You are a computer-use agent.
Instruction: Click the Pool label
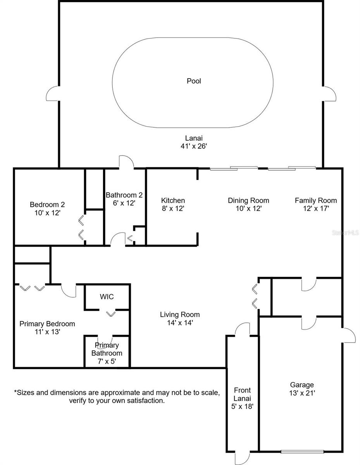pyautogui.click(x=194, y=81)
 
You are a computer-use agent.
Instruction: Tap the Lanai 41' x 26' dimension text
pyautogui.click(x=194, y=146)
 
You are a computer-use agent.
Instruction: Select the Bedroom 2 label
pyautogui.click(x=47, y=205)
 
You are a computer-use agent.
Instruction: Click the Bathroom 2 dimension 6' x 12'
pyautogui.click(x=124, y=203)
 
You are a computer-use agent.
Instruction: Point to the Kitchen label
pyautogui.click(x=173, y=200)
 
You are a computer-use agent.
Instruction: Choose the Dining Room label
pyautogui.click(x=248, y=200)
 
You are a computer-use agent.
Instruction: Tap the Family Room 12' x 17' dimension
pyautogui.click(x=316, y=208)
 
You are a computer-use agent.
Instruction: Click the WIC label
pyautogui.click(x=107, y=297)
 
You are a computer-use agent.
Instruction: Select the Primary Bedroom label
pyautogui.click(x=47, y=324)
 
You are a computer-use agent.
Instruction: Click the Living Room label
pyautogui.click(x=180, y=315)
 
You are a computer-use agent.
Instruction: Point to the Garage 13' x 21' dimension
pyautogui.click(x=302, y=393)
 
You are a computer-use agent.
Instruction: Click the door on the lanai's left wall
pyautogui.click(x=52, y=93)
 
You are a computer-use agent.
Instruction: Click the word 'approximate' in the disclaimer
pyautogui.click(x=127, y=393)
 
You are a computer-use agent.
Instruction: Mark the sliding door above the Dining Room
pyautogui.click(x=234, y=168)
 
